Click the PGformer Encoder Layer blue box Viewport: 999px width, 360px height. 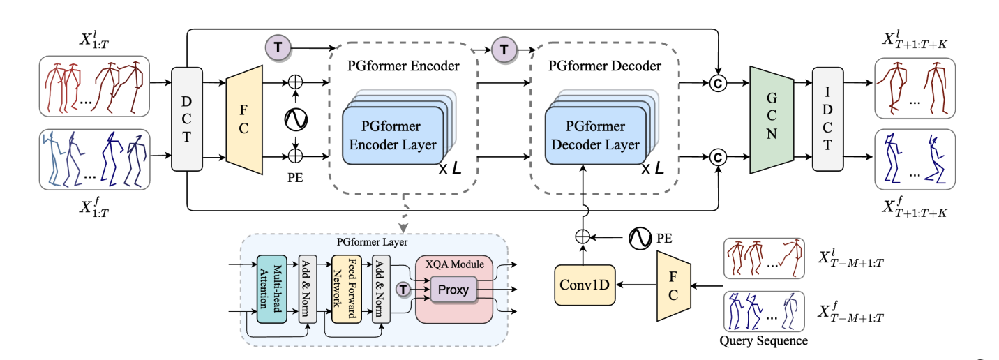point(393,135)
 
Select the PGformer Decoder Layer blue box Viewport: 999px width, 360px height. point(596,135)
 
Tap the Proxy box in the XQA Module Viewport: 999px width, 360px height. point(453,288)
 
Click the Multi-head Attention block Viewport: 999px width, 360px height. point(272,289)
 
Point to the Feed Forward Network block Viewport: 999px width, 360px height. point(345,289)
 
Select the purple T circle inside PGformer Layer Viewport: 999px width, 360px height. point(403,289)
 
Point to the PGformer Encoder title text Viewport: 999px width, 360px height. point(403,67)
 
